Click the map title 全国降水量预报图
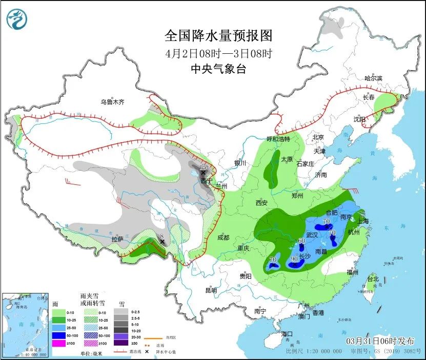[218, 35]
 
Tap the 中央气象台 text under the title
[218, 69]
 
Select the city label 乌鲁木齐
[112, 102]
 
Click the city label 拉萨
[117, 239]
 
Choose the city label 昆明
[211, 290]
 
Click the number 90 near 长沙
[294, 259]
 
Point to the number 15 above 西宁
[202, 167]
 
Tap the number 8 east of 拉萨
[161, 236]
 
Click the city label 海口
[288, 334]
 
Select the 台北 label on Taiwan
[373, 279]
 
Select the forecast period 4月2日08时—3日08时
[218, 53]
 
